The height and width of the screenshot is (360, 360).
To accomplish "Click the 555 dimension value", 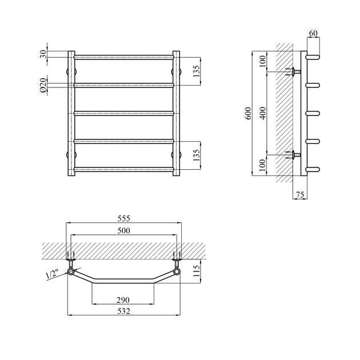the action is (124, 218).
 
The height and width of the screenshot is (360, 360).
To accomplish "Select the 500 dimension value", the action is (124, 230).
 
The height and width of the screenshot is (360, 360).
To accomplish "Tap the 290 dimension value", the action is (123, 300).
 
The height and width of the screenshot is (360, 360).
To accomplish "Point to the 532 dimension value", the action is (124, 311).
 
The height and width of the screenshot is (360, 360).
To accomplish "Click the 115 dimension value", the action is (197, 271).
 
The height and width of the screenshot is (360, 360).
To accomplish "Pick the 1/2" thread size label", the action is (52, 274).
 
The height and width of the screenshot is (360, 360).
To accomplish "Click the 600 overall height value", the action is (249, 113).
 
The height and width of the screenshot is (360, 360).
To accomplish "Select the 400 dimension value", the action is (263, 113).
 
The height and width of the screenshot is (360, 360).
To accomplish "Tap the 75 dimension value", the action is (300, 195).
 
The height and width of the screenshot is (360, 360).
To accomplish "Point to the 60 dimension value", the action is (313, 33).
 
